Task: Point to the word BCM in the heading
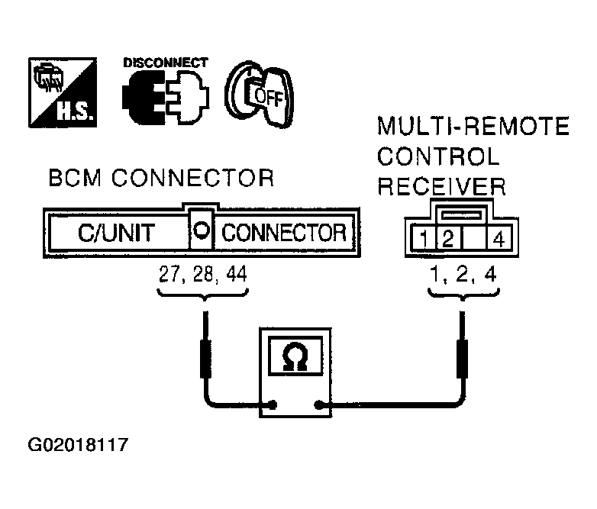[73, 179]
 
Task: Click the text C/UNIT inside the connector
[115, 232]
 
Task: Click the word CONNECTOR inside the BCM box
[283, 232]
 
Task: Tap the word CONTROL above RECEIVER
[438, 157]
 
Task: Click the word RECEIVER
[442, 187]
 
